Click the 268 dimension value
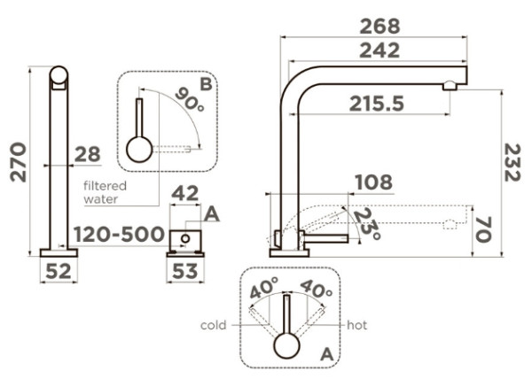pyautogui.click(x=379, y=26)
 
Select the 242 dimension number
pyautogui.click(x=379, y=50)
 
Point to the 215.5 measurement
pyautogui.click(x=376, y=104)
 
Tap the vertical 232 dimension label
pyautogui.click(x=512, y=163)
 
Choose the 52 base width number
pyautogui.click(x=58, y=272)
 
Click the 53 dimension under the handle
pyautogui.click(x=184, y=272)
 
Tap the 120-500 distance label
pyautogui.click(x=119, y=235)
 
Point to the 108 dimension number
pyautogui.click(x=372, y=183)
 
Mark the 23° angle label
pyautogui.click(x=366, y=224)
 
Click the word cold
pyautogui.click(x=214, y=325)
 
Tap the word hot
pyautogui.click(x=357, y=325)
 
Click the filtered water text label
pyautogui.click(x=105, y=192)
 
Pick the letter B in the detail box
pyautogui.click(x=206, y=84)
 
